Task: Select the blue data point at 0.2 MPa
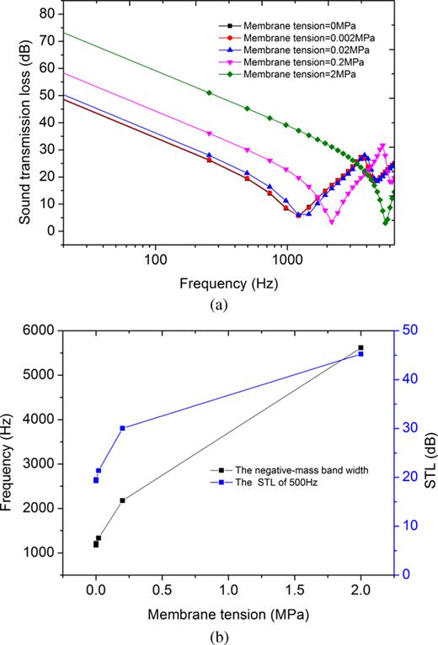(x=123, y=428)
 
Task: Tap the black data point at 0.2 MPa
(x=123, y=500)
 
